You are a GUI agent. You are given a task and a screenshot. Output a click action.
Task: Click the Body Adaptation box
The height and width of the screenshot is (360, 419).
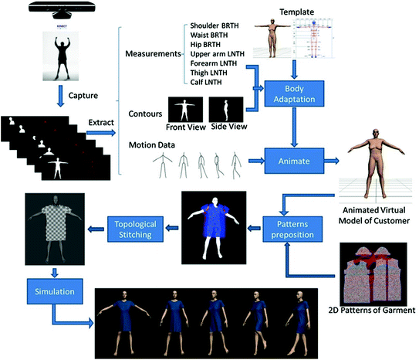pyautogui.click(x=292, y=94)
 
